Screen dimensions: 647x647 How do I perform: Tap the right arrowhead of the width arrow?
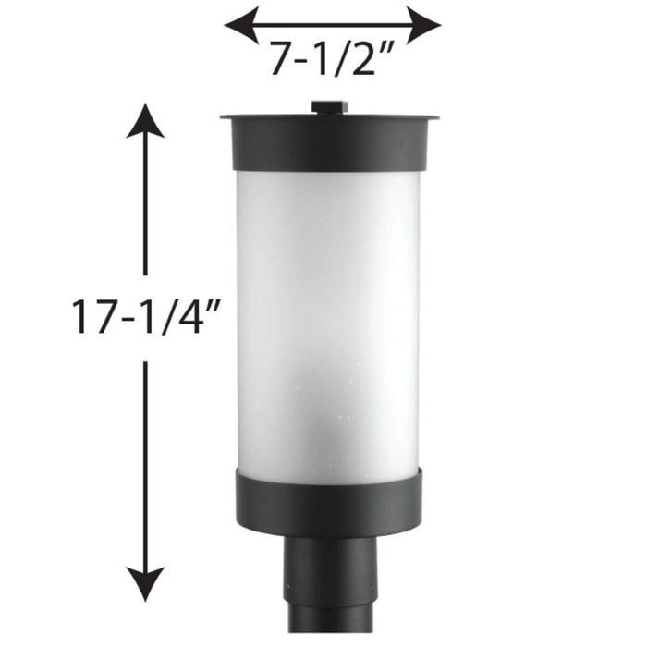point(425,25)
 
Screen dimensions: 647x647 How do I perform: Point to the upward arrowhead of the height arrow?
point(145,120)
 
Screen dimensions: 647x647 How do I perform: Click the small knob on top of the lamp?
point(330,108)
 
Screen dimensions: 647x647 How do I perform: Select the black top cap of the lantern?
point(330,143)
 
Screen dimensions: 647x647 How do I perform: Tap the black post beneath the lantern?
point(330,592)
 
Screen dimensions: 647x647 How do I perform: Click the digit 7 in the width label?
point(283,60)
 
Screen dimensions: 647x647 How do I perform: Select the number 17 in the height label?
point(93,317)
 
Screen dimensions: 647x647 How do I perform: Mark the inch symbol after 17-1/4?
point(214,305)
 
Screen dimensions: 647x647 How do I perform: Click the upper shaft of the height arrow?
point(145,203)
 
